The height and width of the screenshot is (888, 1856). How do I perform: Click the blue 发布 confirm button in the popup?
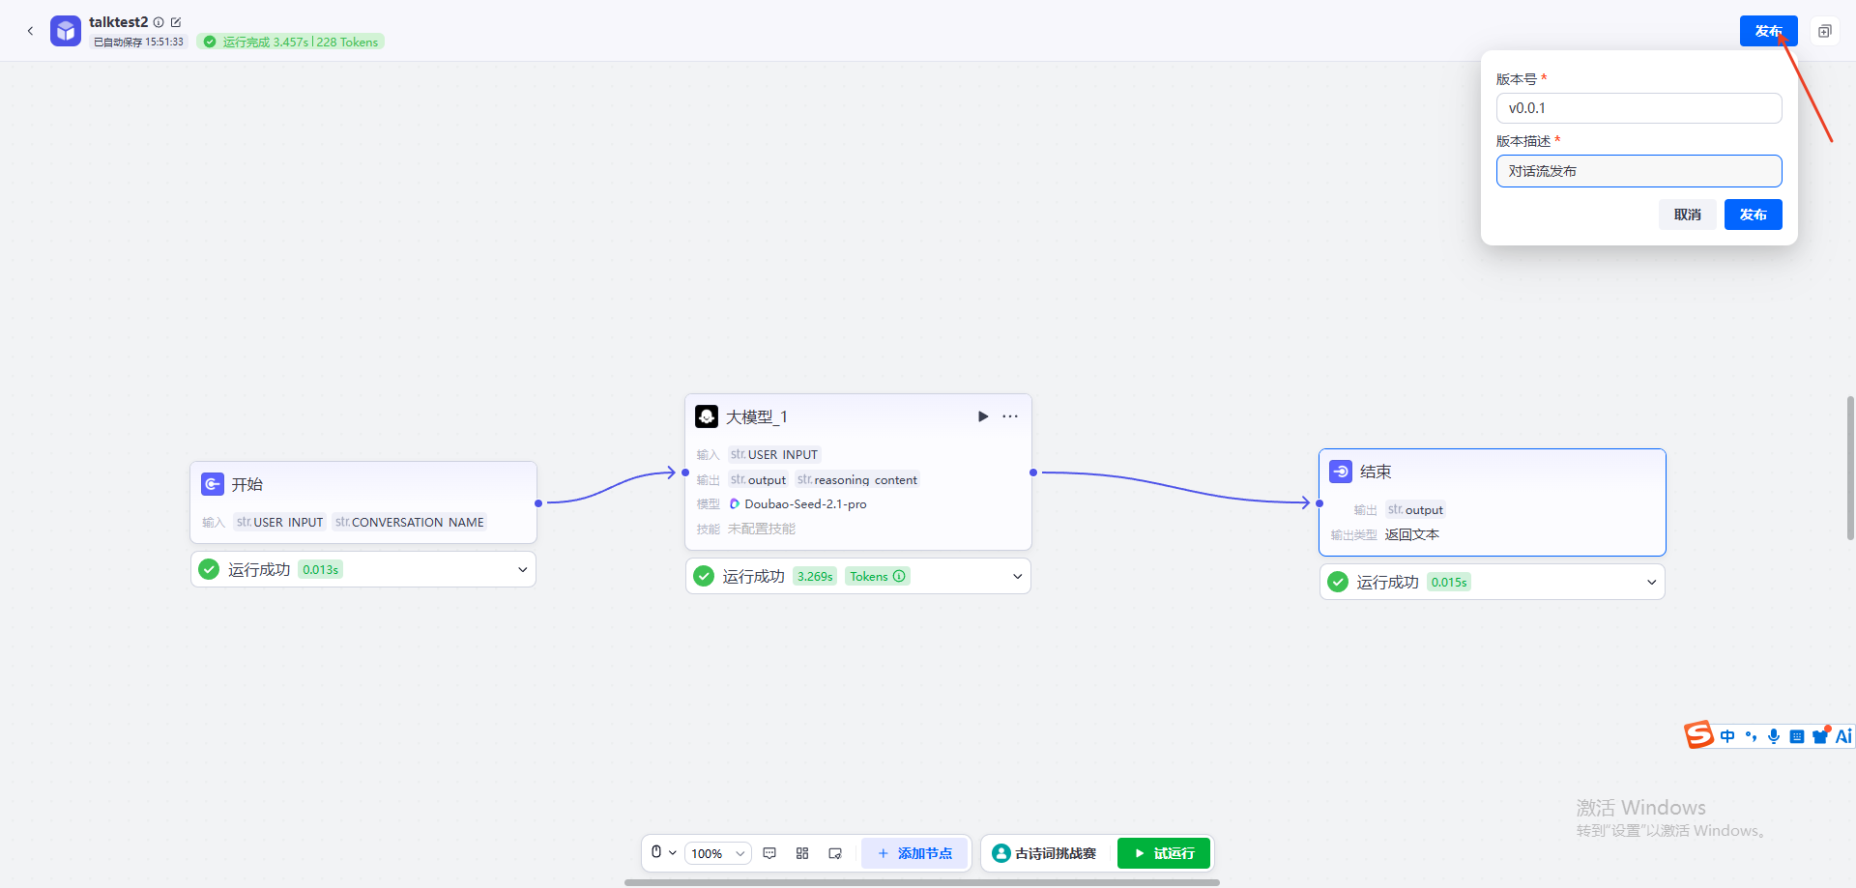[x=1753, y=215]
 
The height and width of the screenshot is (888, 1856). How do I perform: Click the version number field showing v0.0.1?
[x=1638, y=108]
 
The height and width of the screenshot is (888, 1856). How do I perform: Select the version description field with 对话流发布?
[x=1638, y=171]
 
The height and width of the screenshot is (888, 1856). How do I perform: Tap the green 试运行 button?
[x=1164, y=853]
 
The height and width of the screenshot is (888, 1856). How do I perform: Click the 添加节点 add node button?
[x=914, y=853]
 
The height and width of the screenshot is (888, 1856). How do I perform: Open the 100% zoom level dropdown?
[x=718, y=853]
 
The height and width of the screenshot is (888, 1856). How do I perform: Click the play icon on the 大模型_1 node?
[x=983, y=416]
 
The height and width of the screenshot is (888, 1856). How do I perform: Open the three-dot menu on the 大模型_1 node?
[x=1010, y=416]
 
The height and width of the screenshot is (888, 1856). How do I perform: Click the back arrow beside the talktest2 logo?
[x=30, y=31]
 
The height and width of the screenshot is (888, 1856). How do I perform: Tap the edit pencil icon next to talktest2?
[x=176, y=22]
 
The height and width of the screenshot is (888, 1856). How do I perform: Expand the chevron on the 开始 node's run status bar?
[x=522, y=570]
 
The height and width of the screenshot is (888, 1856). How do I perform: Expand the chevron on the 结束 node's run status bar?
[x=1651, y=583]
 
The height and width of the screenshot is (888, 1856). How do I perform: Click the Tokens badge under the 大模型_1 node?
[x=878, y=577]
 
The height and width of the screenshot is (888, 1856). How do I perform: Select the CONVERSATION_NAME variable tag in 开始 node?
[x=409, y=522]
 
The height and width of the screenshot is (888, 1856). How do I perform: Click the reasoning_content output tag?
[x=856, y=479]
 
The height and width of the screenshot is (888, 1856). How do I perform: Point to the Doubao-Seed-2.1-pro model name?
[x=805, y=504]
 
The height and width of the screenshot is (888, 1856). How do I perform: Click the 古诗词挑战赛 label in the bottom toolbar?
[x=1056, y=853]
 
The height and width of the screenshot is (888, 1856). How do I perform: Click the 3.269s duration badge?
[x=815, y=577]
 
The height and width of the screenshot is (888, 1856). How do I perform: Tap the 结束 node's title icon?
[x=1341, y=472]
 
